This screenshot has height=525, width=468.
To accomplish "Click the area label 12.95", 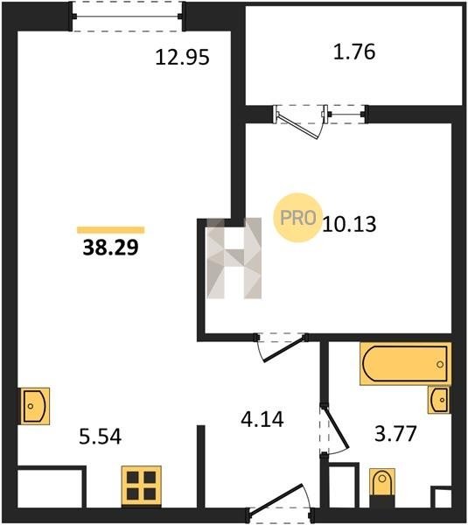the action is [183, 57].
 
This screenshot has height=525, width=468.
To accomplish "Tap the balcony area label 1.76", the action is [354, 52].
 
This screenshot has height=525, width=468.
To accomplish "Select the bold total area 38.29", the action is [110, 248].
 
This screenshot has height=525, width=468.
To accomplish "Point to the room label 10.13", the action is [349, 224].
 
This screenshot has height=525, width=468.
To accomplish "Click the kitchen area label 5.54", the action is [100, 437].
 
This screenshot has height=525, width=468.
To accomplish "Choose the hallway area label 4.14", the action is [262, 419].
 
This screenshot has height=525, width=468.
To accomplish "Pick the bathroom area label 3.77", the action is [395, 433].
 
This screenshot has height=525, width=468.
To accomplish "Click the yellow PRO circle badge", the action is [297, 218].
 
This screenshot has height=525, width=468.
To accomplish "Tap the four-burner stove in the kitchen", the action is [141, 486].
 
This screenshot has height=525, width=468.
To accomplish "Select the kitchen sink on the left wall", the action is [33, 406].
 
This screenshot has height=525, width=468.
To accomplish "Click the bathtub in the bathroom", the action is [405, 364].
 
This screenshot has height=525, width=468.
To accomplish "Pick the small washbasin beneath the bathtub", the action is [439, 400].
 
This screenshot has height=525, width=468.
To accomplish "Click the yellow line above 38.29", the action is [110, 230].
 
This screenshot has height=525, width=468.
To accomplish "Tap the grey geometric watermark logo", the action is [234, 258].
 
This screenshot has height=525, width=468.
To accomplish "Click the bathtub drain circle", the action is [440, 364].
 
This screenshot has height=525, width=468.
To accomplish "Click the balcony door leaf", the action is [297, 126].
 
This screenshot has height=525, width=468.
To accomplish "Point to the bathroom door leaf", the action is [337, 427].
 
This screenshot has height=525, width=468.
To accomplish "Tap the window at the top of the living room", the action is [127, 16].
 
